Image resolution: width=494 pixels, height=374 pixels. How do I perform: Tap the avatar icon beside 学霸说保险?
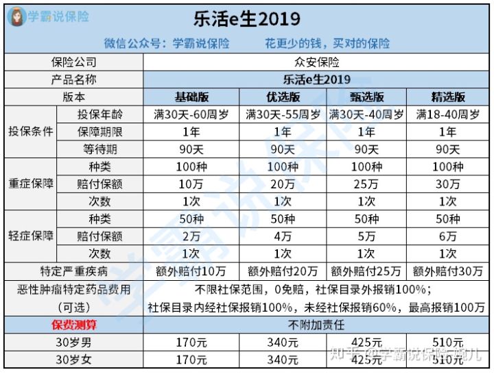click(x=14, y=16)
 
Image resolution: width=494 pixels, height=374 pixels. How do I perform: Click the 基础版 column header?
click(x=193, y=97)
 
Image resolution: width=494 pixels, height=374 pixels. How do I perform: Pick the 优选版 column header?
click(x=283, y=97)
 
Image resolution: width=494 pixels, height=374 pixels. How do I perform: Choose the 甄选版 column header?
click(x=366, y=97)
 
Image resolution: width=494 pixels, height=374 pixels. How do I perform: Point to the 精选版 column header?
click(x=449, y=97)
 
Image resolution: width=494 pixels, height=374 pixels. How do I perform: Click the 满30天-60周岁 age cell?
click(x=193, y=114)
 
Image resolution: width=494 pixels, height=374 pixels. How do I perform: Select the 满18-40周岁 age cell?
click(x=449, y=114)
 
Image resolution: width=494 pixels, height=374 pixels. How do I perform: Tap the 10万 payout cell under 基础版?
click(x=193, y=184)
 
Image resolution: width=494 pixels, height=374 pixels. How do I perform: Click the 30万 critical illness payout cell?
click(x=449, y=184)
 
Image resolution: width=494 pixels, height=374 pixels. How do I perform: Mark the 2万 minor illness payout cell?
click(x=193, y=237)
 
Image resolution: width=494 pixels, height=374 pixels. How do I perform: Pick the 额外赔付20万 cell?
click(x=283, y=271)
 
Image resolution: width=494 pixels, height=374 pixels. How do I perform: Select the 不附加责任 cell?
click(x=318, y=325)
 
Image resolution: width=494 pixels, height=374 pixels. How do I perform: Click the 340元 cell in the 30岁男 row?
click(x=283, y=342)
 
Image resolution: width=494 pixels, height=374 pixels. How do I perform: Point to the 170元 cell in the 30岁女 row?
click(x=193, y=358)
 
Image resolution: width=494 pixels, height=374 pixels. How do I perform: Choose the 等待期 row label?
click(x=102, y=149)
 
